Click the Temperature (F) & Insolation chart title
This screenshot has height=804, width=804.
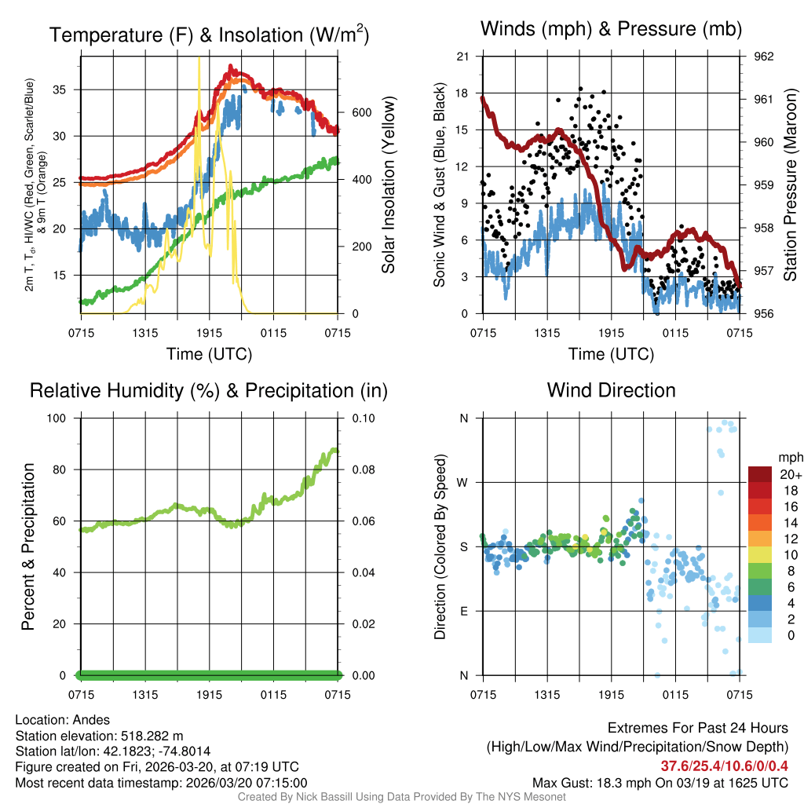(x=209, y=35)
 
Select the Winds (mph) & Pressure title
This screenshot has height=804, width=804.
(x=611, y=29)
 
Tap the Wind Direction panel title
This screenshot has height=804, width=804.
(x=611, y=389)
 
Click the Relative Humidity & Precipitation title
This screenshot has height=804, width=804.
(x=209, y=390)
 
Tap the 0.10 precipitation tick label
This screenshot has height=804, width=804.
(x=364, y=418)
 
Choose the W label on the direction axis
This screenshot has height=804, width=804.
(x=463, y=483)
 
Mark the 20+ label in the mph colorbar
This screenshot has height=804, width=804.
(x=790, y=475)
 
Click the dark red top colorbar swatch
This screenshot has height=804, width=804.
(x=761, y=474)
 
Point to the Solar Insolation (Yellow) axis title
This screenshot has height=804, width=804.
(x=389, y=185)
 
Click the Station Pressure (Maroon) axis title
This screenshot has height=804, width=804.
(x=791, y=185)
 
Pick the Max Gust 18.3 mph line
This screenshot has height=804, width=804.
(x=660, y=782)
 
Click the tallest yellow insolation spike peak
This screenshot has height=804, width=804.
(x=199, y=58)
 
